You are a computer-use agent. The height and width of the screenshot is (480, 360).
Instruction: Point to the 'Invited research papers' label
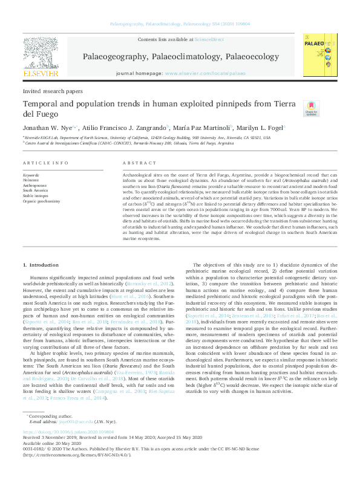[53, 91]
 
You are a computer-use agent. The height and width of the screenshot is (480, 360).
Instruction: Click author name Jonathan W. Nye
[47, 128]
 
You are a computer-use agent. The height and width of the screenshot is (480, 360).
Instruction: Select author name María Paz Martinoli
[203, 128]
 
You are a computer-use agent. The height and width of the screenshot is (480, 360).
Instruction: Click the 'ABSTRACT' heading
[140, 164]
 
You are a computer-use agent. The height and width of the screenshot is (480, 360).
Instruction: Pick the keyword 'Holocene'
[31, 180]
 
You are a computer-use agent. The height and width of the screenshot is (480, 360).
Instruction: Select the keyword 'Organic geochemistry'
[41, 201]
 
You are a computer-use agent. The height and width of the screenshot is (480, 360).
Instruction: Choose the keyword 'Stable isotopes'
[36, 195]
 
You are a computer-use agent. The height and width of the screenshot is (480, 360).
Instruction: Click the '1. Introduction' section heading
[41, 265]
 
